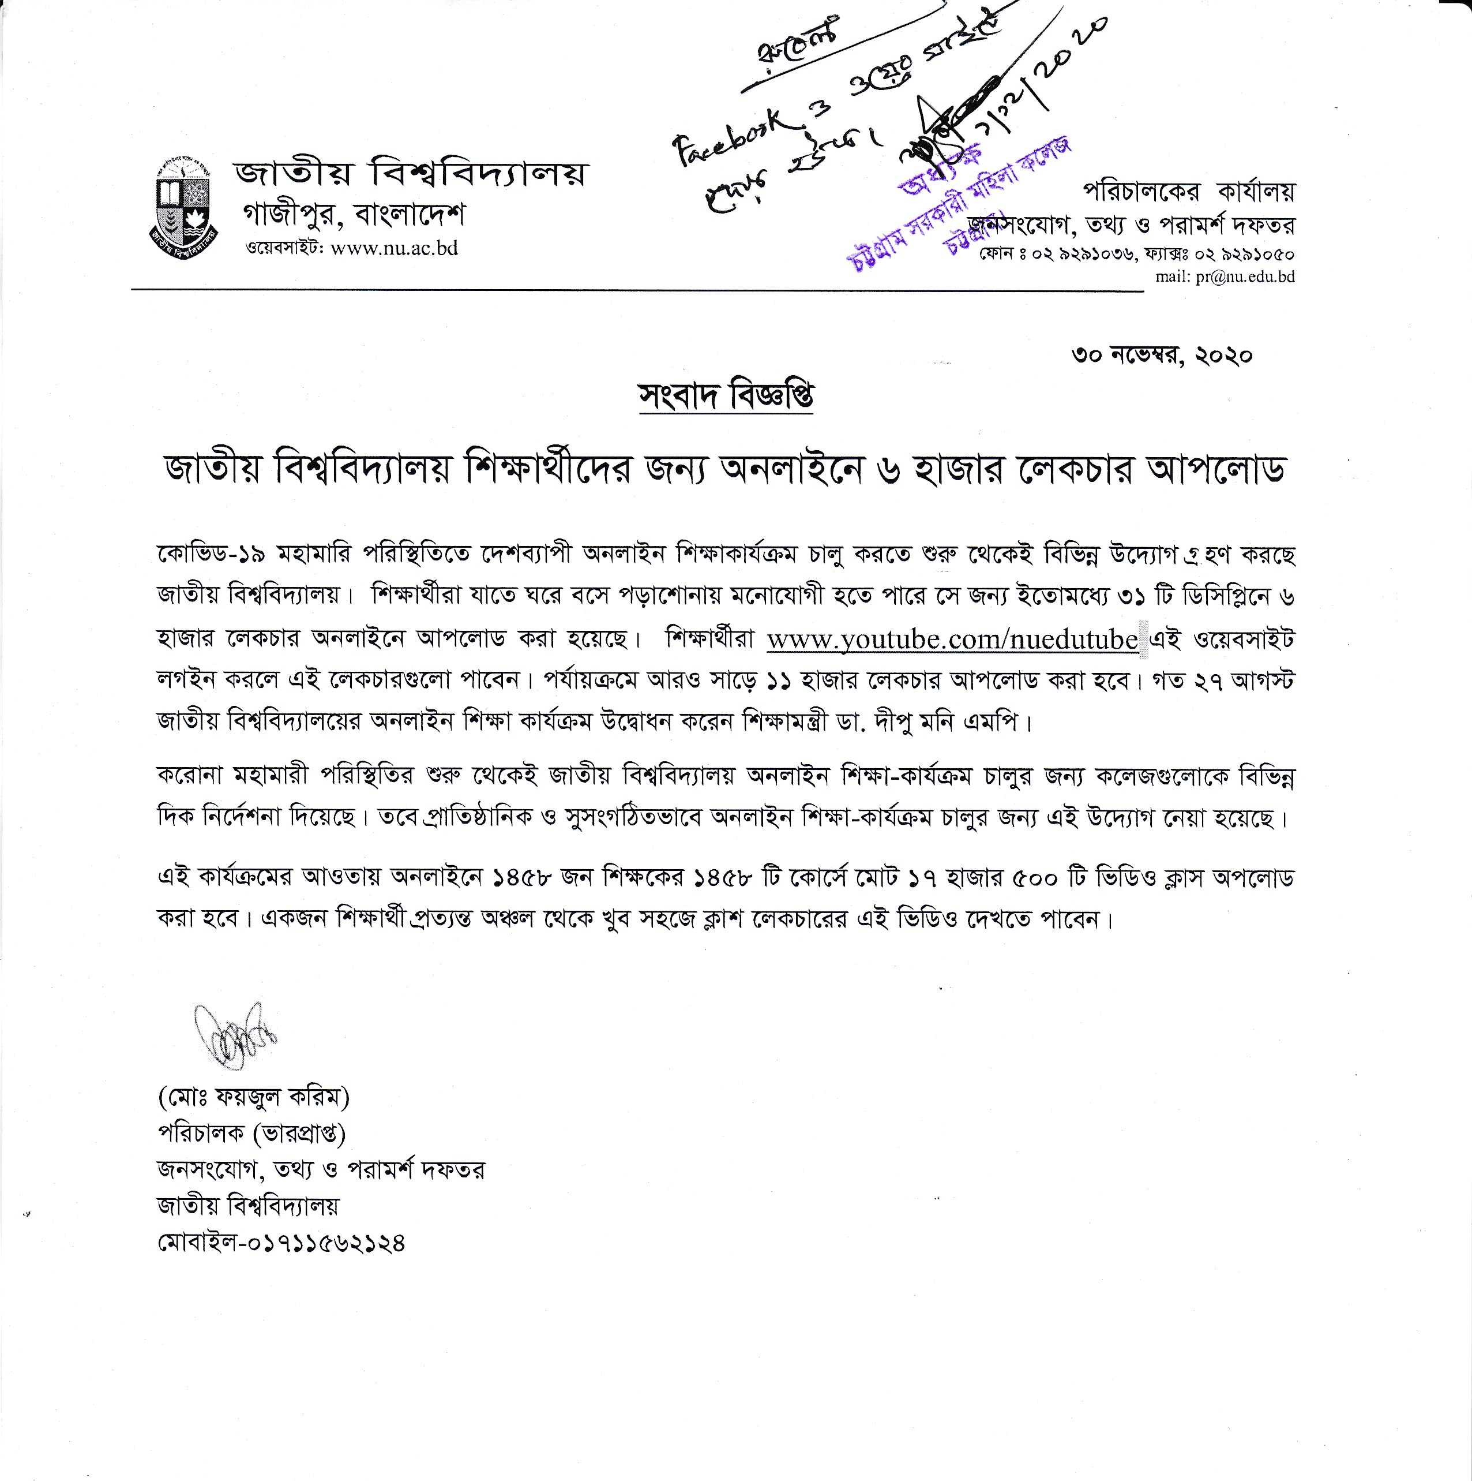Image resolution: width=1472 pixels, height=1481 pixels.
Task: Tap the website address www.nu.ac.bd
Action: click(x=394, y=248)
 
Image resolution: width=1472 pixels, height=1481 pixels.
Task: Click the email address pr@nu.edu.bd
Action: click(x=1245, y=276)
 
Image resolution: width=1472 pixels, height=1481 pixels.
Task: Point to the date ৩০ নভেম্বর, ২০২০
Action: click(x=1162, y=356)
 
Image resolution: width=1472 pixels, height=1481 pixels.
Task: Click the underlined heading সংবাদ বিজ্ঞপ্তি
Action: click(x=726, y=395)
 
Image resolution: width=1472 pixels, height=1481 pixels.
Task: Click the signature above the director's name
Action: click(x=233, y=1035)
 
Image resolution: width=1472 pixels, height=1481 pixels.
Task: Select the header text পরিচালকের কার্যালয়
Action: click(x=1188, y=191)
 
